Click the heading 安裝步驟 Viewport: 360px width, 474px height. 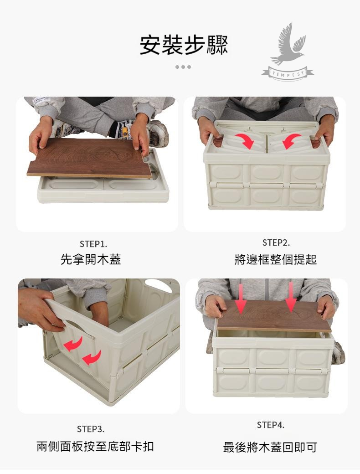[x=184, y=45]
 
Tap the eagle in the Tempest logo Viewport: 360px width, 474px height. [x=287, y=45]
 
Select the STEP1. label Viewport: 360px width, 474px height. [x=93, y=244]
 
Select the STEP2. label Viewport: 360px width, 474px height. [x=276, y=243]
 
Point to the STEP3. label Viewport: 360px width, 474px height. [x=91, y=429]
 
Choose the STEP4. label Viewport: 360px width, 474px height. [x=271, y=425]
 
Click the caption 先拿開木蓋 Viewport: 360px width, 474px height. [x=91, y=259]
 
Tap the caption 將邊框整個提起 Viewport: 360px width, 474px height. [x=275, y=259]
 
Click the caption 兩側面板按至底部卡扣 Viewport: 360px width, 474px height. [x=95, y=447]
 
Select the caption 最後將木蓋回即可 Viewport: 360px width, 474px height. [x=270, y=447]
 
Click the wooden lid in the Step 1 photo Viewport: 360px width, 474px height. [x=89, y=158]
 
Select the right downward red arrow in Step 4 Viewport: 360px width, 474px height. [x=291, y=298]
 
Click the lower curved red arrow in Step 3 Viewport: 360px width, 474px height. [x=92, y=358]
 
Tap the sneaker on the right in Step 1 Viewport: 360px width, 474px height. [x=158, y=133]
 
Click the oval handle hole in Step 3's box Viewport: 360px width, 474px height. [x=158, y=286]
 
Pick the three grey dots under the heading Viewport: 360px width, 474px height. [x=183, y=67]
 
